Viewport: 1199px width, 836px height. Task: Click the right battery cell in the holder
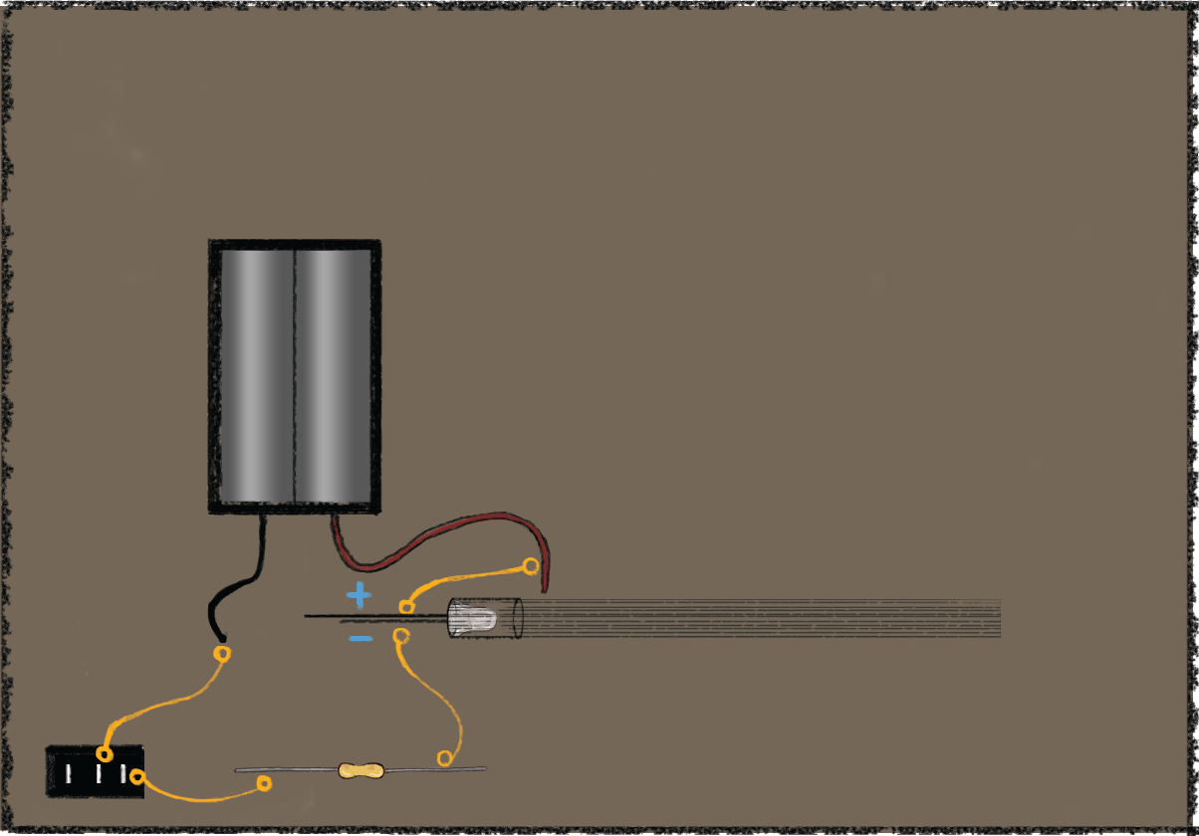(334, 376)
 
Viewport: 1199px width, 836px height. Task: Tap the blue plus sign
(359, 596)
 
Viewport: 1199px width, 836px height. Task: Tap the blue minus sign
(360, 638)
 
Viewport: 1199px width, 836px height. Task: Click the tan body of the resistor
(360, 770)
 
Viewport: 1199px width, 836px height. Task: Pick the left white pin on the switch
(69, 773)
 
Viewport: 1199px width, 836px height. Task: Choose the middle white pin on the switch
(99, 773)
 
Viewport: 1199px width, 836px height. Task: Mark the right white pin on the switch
(123, 773)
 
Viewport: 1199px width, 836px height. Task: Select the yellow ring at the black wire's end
(223, 654)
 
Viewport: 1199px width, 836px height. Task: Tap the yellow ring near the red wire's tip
(531, 566)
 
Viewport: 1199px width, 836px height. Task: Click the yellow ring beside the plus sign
(406, 606)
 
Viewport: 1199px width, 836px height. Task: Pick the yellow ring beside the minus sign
(401, 635)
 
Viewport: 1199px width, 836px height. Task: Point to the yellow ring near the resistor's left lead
(264, 783)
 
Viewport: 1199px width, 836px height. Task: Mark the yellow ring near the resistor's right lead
(444, 758)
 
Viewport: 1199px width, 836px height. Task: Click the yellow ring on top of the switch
(105, 753)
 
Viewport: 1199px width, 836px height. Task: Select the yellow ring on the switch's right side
(137, 776)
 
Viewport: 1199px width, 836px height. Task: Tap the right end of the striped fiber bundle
(996, 618)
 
